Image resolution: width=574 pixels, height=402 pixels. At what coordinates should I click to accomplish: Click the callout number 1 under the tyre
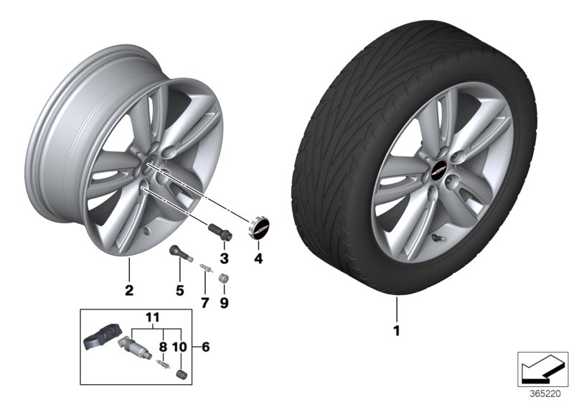[395, 331]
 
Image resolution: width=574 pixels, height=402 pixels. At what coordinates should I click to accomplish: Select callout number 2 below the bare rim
[129, 291]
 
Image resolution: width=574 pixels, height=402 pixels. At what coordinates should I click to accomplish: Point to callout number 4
[258, 258]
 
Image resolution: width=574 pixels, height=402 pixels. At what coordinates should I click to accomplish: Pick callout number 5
[179, 291]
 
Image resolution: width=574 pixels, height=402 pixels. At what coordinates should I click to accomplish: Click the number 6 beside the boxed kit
[206, 347]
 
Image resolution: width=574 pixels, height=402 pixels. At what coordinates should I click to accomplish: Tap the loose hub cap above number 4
[260, 227]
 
